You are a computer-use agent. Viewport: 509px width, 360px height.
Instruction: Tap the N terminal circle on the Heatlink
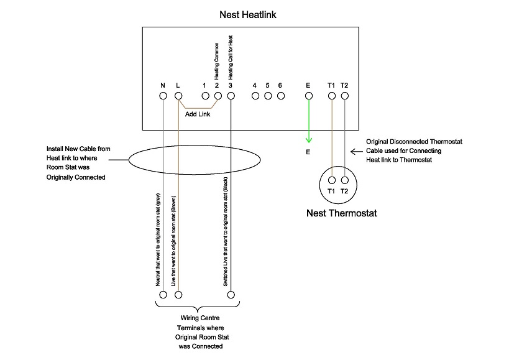pyautogui.click(x=163, y=96)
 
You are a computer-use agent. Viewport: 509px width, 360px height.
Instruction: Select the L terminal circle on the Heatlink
pyautogui.click(x=178, y=96)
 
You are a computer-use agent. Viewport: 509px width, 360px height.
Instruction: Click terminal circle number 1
pyautogui.click(x=204, y=96)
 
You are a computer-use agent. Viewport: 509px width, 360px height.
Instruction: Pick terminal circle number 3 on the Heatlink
pyautogui.click(x=231, y=96)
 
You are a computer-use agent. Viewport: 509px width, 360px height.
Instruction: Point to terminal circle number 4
pyautogui.click(x=255, y=96)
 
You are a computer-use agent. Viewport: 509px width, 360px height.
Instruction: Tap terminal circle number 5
pyautogui.click(x=268, y=96)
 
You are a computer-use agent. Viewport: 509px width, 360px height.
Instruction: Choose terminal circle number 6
pyautogui.click(x=280, y=96)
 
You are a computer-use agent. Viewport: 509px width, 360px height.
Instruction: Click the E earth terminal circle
pyautogui.click(x=308, y=96)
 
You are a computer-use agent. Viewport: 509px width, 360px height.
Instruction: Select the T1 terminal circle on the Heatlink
pyautogui.click(x=331, y=96)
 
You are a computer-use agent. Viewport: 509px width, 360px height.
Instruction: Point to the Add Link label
pyautogui.click(x=198, y=114)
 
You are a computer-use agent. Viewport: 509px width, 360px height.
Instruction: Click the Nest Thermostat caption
pyautogui.click(x=342, y=213)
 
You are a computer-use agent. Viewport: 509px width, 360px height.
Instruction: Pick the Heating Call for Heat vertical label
pyautogui.click(x=231, y=60)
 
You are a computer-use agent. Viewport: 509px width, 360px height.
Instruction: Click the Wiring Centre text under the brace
pyautogui.click(x=197, y=318)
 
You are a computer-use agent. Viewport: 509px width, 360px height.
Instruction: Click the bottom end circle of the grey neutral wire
pyautogui.click(x=163, y=295)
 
